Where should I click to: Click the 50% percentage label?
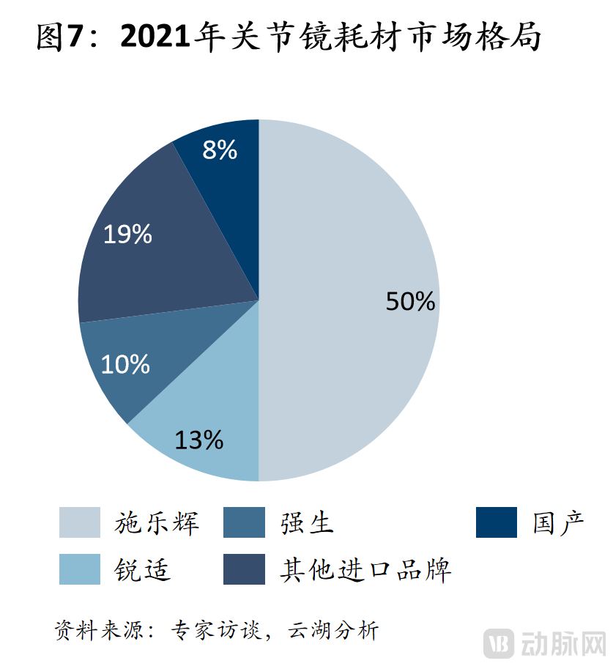(411, 301)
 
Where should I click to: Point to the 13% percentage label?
(198, 440)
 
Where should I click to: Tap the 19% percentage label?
(127, 234)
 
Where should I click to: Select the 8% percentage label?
(220, 150)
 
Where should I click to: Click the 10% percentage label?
(125, 364)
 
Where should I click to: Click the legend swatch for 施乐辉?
(80, 522)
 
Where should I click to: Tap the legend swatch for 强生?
(244, 522)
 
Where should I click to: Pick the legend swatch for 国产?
(496, 522)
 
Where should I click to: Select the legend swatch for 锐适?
(80, 569)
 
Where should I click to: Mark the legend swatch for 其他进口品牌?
(244, 569)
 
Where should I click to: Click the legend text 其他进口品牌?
(365, 569)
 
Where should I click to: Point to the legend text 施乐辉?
(157, 522)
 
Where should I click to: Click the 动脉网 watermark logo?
(545, 643)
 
